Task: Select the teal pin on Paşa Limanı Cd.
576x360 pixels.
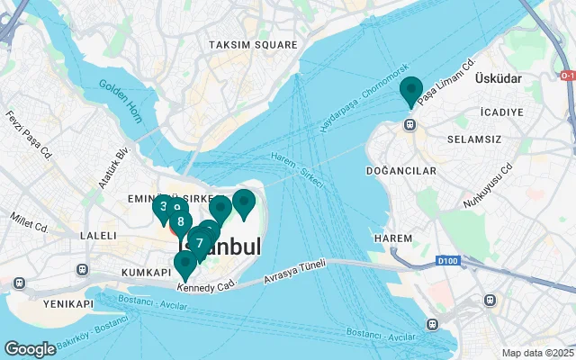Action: click(x=411, y=92)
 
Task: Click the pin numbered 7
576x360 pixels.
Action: click(x=199, y=241)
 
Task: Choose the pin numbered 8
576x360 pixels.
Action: click(x=181, y=220)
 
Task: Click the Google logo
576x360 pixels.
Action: click(x=30, y=349)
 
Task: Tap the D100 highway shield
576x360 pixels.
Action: click(x=447, y=262)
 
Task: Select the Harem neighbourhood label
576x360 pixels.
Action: click(x=392, y=238)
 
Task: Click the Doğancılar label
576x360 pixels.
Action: click(x=401, y=170)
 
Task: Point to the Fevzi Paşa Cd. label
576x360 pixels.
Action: click(x=26, y=132)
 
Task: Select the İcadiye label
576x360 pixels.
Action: click(x=502, y=112)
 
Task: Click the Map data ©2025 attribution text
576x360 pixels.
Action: click(x=538, y=353)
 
